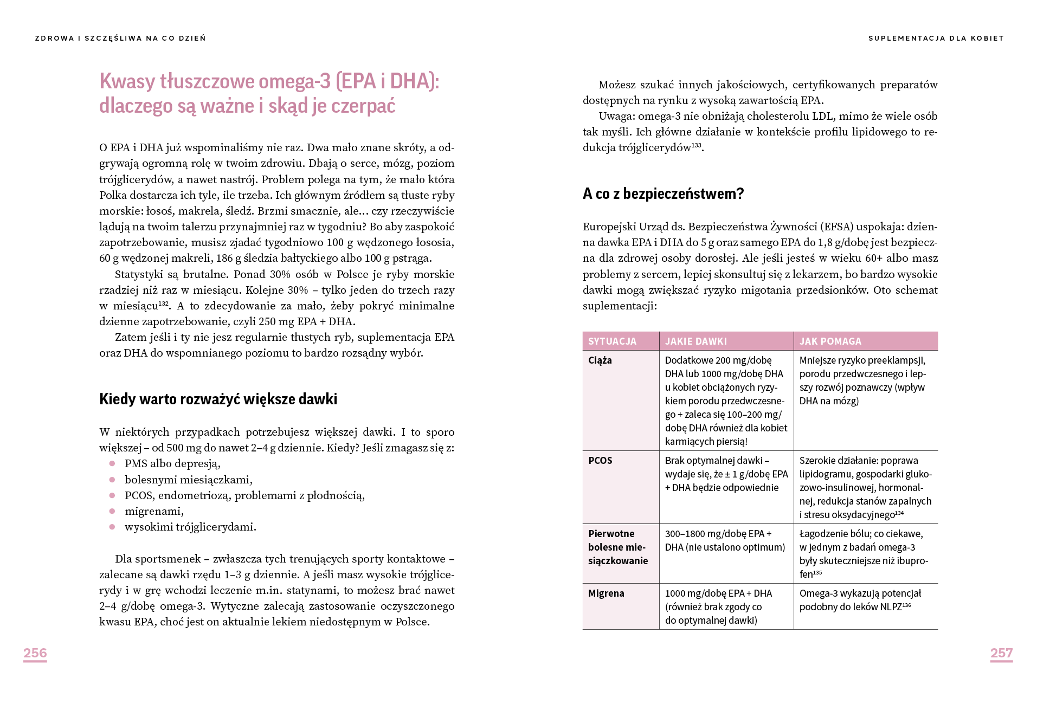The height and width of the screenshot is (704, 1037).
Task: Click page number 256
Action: tap(35, 653)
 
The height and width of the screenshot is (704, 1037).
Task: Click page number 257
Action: tap(1001, 653)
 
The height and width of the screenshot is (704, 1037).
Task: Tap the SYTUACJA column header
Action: tap(612, 341)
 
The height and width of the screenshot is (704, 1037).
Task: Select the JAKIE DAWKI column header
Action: tap(696, 341)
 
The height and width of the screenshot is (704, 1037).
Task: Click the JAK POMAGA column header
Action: tap(830, 341)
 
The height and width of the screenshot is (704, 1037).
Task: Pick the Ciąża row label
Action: tap(600, 360)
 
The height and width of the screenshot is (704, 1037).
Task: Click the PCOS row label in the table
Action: tap(600, 461)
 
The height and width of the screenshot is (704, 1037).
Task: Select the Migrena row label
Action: tap(606, 593)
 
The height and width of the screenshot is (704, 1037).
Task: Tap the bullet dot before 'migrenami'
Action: tap(112, 511)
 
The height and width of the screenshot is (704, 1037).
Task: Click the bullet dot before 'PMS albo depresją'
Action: tap(112, 463)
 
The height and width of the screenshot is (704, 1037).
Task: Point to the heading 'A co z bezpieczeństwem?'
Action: tap(663, 194)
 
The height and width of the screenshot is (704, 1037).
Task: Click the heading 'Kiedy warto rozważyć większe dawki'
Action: tap(218, 399)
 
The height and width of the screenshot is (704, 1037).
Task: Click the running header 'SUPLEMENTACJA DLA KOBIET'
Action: tap(936, 38)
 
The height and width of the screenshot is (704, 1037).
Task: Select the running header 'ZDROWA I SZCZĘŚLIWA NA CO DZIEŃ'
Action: tap(120, 38)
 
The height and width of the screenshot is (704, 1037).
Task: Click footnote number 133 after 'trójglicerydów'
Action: tap(696, 145)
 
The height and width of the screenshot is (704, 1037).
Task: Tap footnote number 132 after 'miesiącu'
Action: tap(163, 303)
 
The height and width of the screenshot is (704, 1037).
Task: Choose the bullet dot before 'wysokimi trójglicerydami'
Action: tap(112, 527)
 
